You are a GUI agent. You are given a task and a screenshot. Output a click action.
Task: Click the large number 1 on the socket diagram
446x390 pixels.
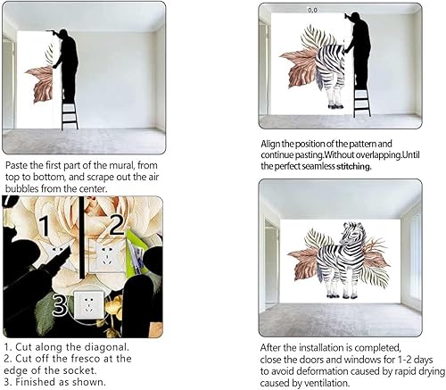point(42,226)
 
